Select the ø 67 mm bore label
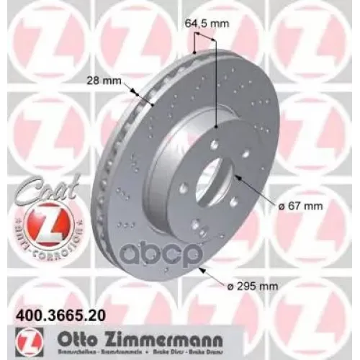pos(301,206)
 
